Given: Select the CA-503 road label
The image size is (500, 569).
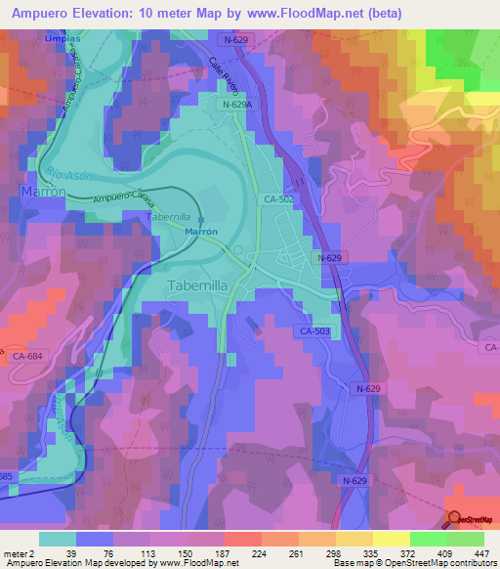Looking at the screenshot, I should (314, 332).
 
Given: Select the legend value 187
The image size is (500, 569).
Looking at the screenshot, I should (222, 552).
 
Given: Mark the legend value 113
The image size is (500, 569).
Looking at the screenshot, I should (147, 552).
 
